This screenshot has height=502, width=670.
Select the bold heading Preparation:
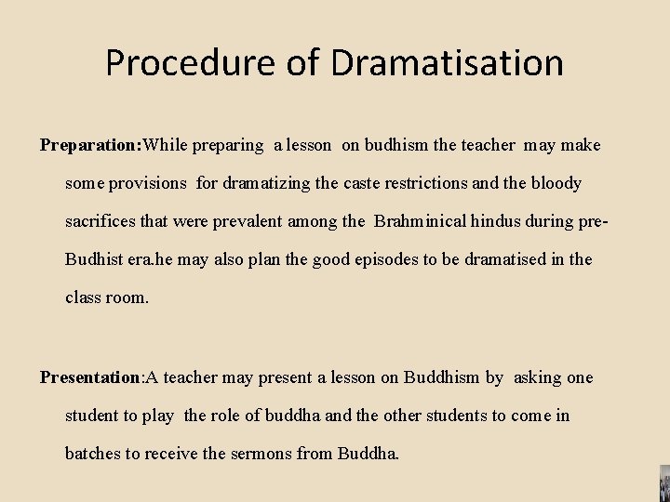pos(90,145)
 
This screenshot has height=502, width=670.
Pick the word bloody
pos(556,183)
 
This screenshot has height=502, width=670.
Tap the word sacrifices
pos(101,221)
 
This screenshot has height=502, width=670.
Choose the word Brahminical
pos(420,221)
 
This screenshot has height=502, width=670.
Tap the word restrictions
pos(424,183)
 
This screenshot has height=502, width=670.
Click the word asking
pos(535,377)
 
